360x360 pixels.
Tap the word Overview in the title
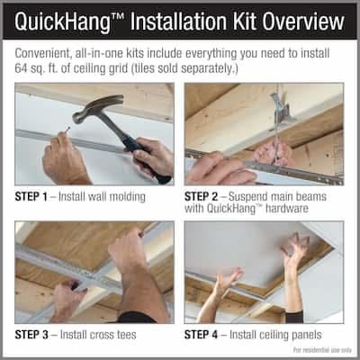point(303,21)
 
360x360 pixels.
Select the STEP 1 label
point(31,197)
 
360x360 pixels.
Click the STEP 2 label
point(201,197)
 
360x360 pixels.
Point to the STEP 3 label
point(31,335)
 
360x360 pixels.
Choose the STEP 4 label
point(201,335)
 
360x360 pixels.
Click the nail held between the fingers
point(67,130)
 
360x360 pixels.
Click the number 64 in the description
point(21,68)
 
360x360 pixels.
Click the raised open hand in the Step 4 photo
point(295,249)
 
